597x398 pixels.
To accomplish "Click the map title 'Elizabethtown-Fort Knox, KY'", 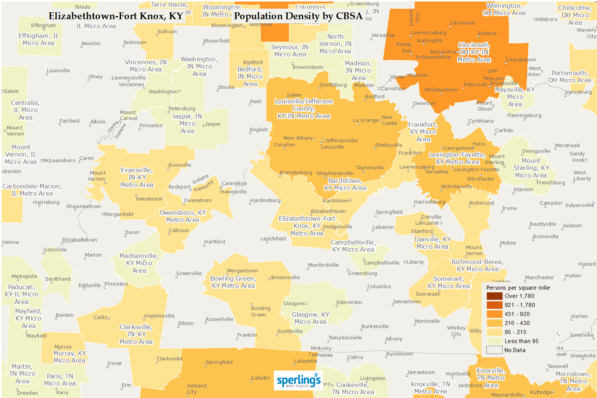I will [x=115, y=16].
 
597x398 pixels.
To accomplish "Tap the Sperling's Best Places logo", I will [x=299, y=381].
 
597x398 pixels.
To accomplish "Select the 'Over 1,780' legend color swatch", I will [x=494, y=296].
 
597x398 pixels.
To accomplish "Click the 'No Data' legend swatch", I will [x=494, y=350].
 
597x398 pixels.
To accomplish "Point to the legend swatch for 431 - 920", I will [x=494, y=314].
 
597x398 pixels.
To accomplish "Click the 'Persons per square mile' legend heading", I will [x=518, y=288].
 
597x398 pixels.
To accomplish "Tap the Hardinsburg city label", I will [x=265, y=201].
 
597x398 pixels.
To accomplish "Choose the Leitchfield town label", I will [x=273, y=239].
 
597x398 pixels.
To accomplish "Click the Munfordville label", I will [x=323, y=265].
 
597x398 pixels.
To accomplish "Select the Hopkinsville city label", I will [x=160, y=316].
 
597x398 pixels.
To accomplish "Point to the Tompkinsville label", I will [x=345, y=338].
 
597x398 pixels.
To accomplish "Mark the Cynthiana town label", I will [x=481, y=121].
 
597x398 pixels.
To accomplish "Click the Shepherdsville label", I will [x=334, y=173].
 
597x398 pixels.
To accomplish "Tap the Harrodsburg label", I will [x=430, y=202].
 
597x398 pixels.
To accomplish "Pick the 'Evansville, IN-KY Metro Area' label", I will [x=137, y=178].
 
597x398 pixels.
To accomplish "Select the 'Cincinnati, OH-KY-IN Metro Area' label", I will [x=474, y=52].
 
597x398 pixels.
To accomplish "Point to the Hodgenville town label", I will [x=337, y=227].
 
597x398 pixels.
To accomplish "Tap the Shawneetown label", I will [x=84, y=207].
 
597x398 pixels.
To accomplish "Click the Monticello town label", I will [x=427, y=321].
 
